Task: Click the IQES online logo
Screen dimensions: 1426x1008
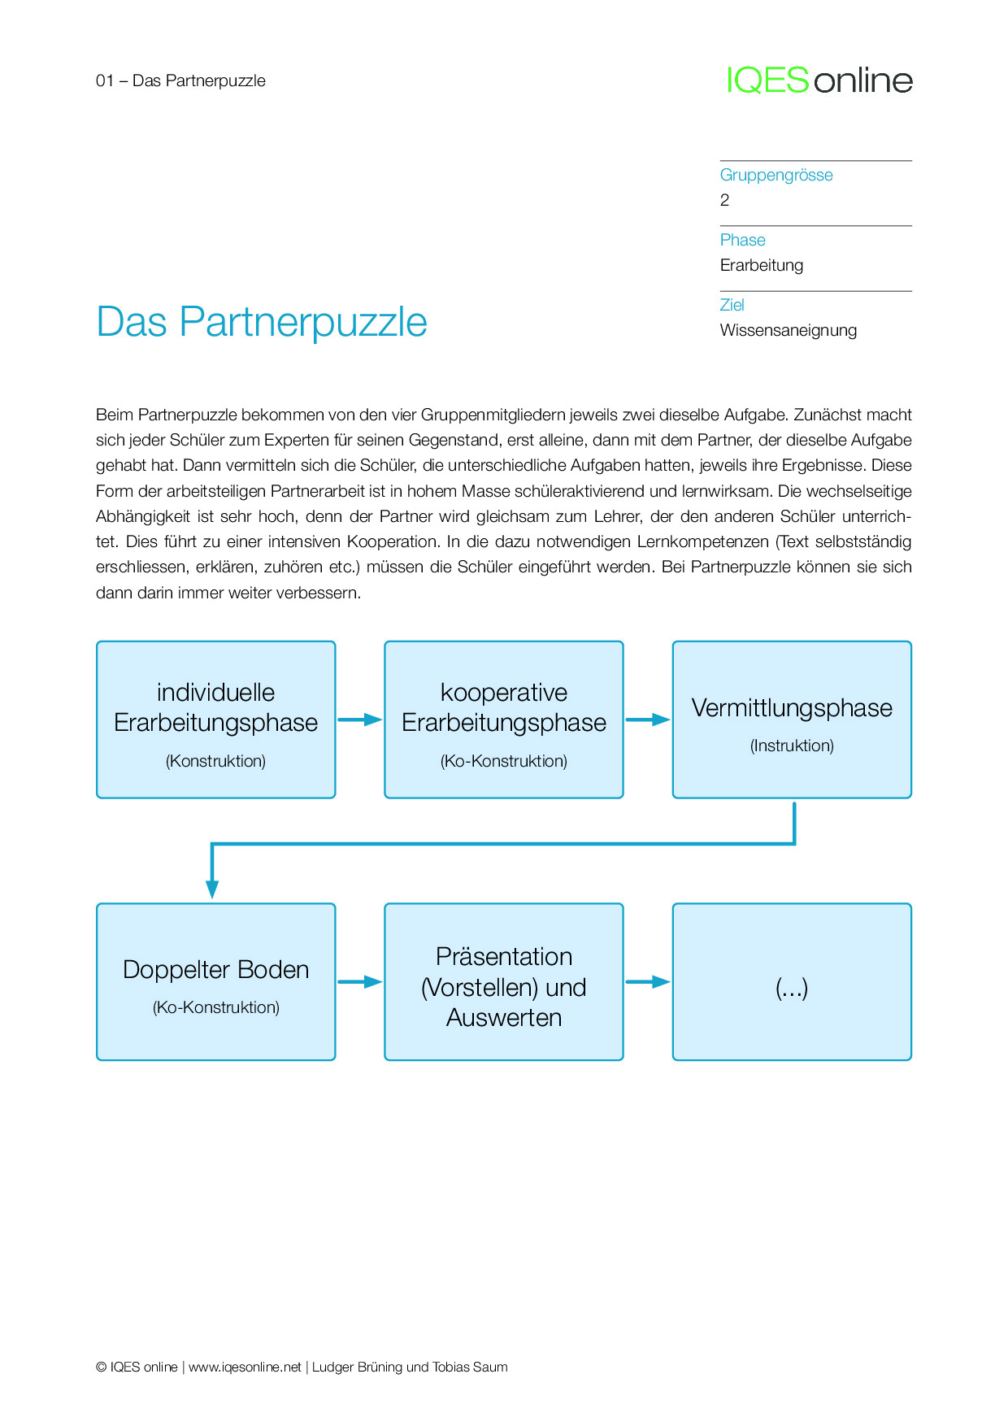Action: pos(819,80)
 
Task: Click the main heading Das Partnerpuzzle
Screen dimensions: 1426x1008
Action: pos(261,322)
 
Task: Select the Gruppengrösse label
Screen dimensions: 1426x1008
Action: pos(776,175)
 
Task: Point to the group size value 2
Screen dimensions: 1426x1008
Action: pos(724,201)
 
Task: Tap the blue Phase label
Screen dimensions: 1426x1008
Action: pos(742,240)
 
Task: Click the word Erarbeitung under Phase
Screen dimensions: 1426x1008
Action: pos(761,265)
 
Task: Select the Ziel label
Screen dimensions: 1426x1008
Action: pos(732,305)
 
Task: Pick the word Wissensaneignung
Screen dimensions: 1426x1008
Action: pos(788,330)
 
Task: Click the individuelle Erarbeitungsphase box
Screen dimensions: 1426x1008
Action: pos(215,720)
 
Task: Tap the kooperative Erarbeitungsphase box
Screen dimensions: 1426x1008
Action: pos(503,720)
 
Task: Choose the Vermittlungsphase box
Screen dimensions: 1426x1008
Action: pos(791,720)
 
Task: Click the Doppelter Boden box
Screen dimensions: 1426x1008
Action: pos(215,981)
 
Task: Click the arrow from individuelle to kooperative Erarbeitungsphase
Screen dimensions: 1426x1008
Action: pos(359,720)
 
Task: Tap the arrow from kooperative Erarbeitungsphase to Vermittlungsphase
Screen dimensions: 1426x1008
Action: pos(647,720)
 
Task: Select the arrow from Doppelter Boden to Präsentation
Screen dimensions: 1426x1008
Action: pos(359,981)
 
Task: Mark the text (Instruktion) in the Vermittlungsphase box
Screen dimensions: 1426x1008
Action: pos(792,746)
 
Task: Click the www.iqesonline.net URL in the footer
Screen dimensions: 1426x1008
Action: pos(245,1367)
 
